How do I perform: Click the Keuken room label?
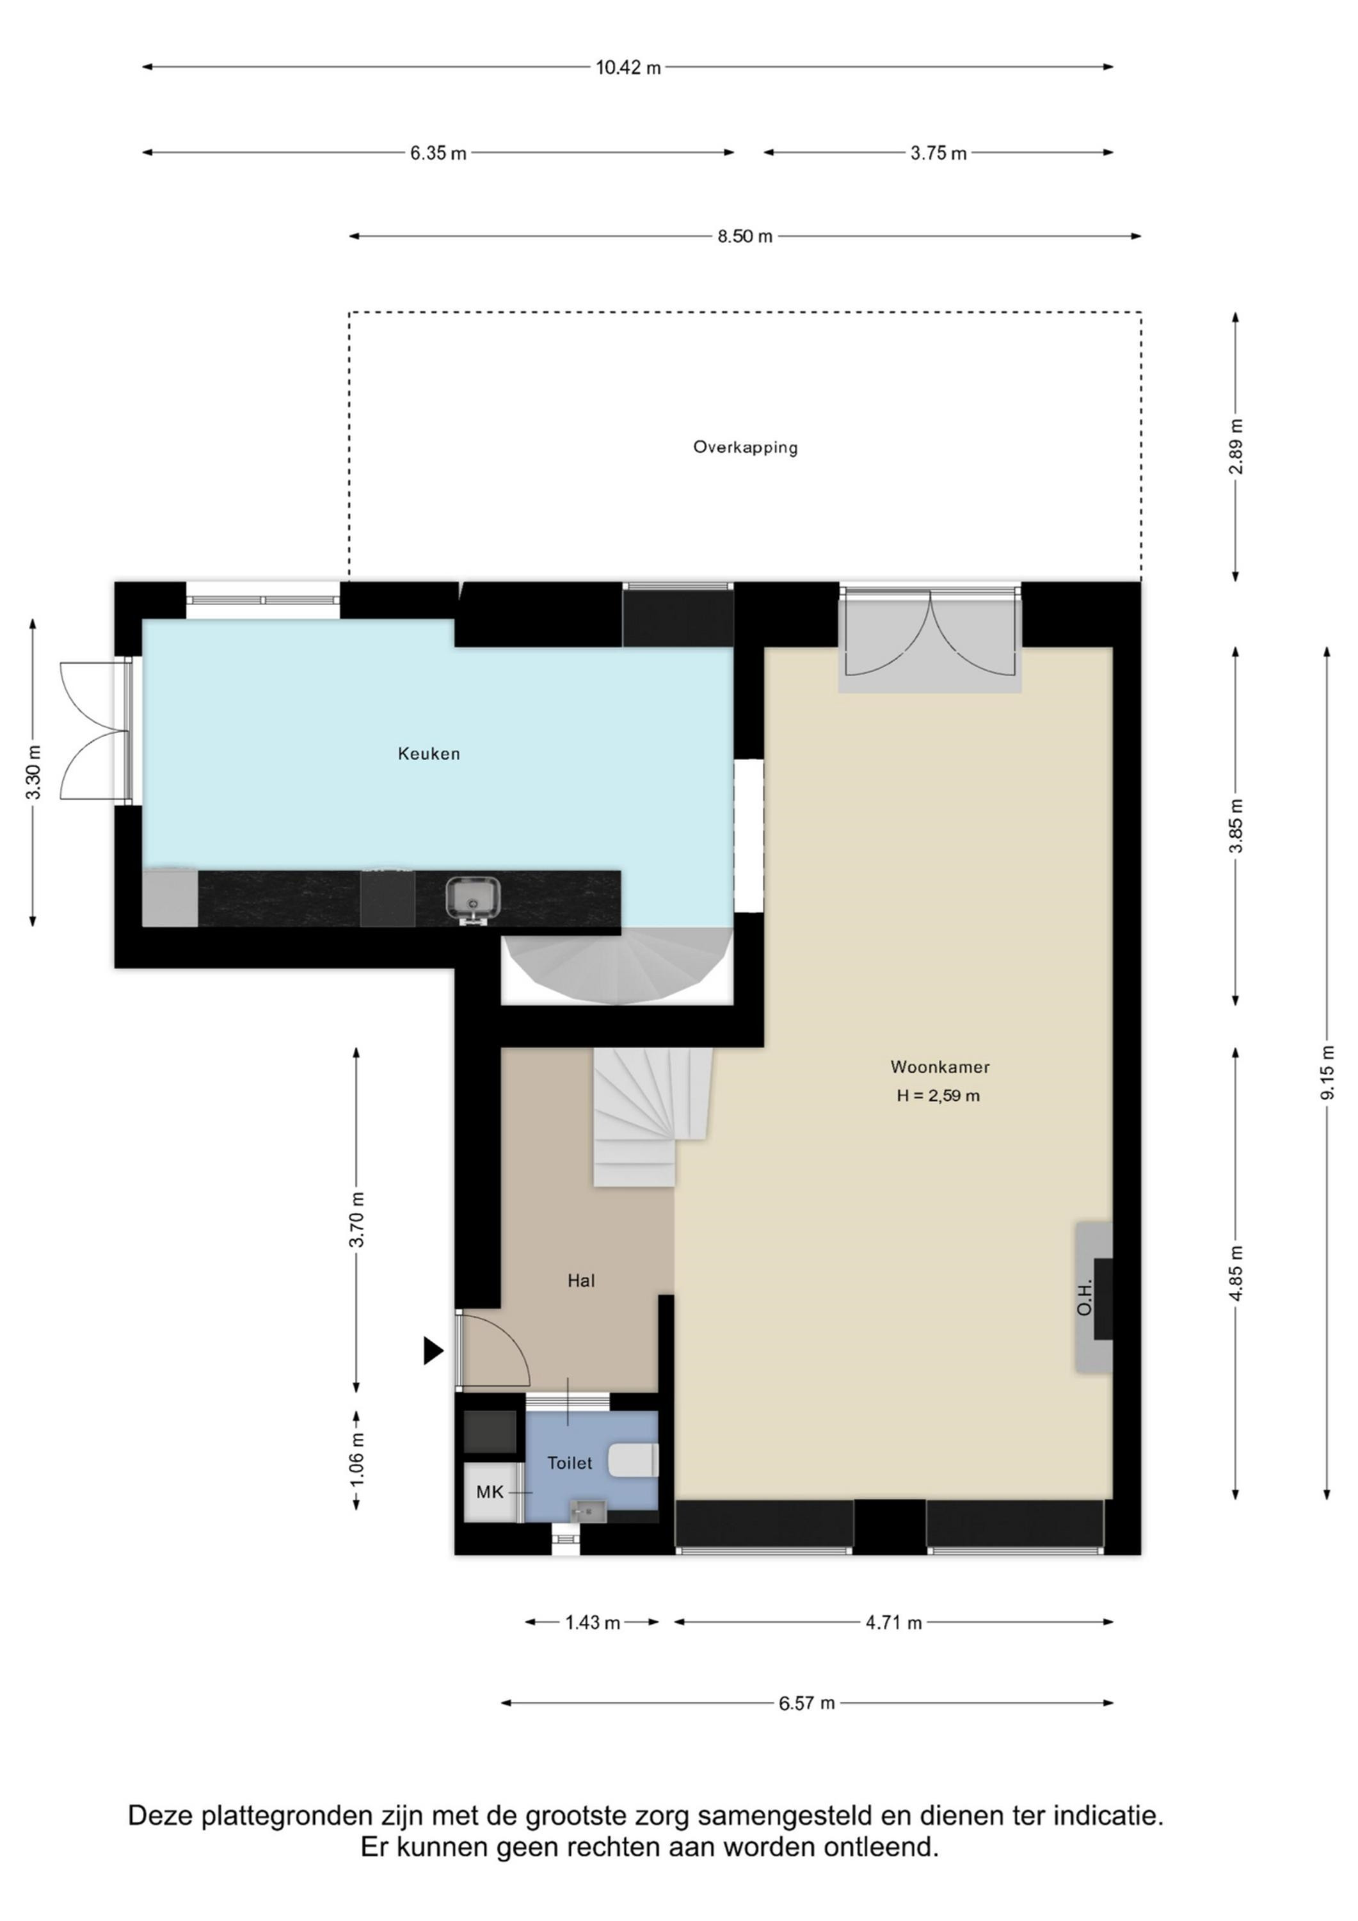coord(428,754)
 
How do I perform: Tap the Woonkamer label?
coord(940,1067)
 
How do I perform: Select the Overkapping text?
coord(745,448)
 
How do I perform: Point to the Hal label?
coord(581,1280)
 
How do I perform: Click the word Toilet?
coord(570,1463)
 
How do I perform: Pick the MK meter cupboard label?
coord(490,1492)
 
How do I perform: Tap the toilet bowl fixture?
coord(634,1460)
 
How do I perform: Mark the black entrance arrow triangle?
coord(433,1350)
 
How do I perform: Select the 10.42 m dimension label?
coord(628,68)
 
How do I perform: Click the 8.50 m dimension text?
coord(744,237)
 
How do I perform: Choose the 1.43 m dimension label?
coord(592,1623)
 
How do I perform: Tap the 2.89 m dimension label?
coord(1236,446)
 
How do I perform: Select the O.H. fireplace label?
coord(1085,1298)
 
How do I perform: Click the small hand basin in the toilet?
coord(587,1511)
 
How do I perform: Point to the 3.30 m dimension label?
coord(33,772)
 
